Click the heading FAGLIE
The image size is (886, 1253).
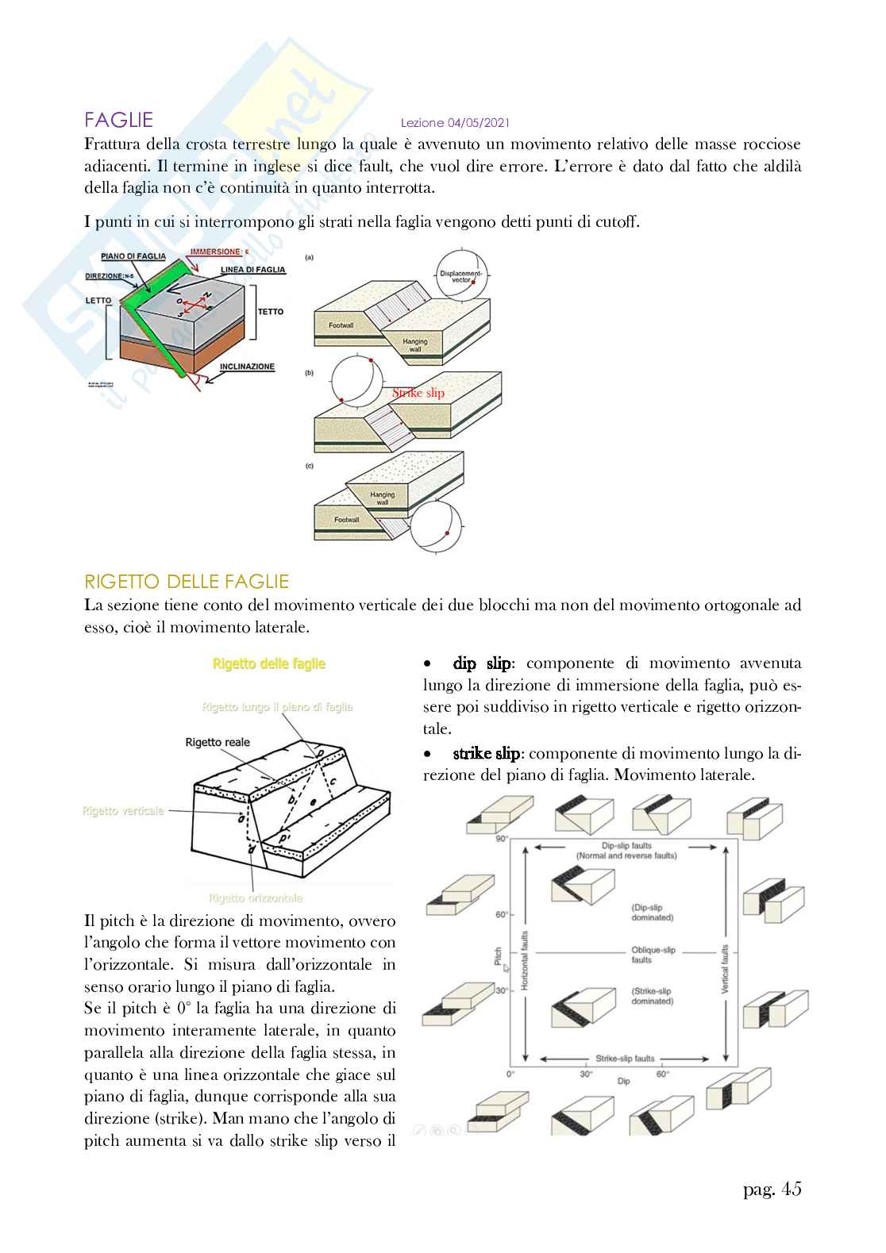point(119,121)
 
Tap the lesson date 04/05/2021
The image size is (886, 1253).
point(455,123)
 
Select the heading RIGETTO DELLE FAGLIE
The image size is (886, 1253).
point(187,582)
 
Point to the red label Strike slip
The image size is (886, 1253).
point(418,393)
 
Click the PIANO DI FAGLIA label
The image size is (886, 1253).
point(133,256)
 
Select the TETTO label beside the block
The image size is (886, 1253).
point(270,312)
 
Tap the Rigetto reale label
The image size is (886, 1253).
point(218,743)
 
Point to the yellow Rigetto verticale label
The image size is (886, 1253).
point(123,810)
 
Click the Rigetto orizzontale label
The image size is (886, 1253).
point(256,898)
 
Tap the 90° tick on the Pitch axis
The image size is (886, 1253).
point(502,839)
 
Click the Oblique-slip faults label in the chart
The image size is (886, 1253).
point(653,955)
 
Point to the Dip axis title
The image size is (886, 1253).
point(623,1081)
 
